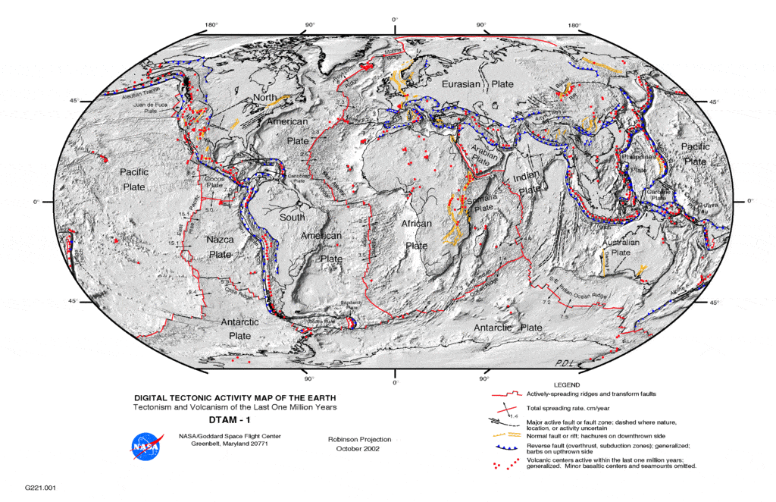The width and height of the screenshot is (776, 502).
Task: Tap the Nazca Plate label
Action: point(218,247)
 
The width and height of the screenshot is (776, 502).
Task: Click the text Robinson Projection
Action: point(359,439)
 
